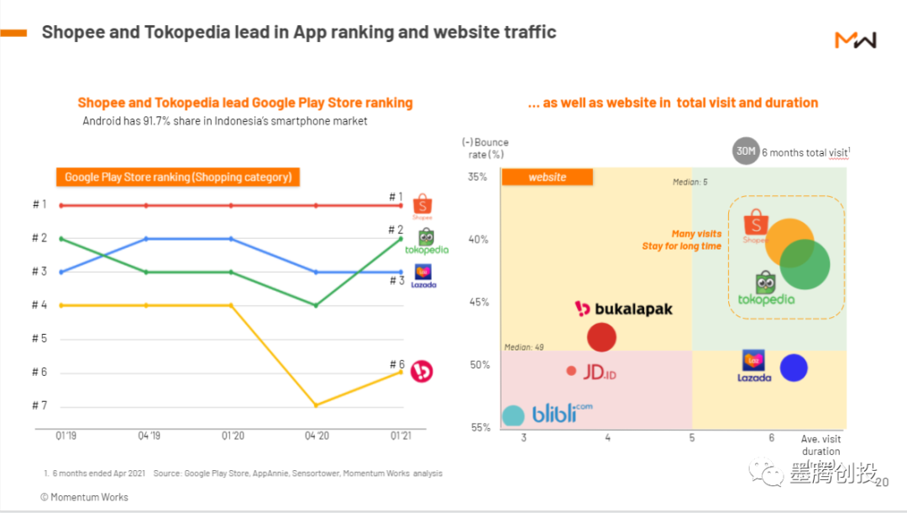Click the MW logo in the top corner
[x=855, y=40]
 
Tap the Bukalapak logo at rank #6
[x=422, y=372]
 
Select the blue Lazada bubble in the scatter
[x=794, y=368]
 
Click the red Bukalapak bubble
[x=601, y=337]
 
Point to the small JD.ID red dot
[x=572, y=371]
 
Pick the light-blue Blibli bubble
[x=512, y=415]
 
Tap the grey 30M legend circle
[x=745, y=151]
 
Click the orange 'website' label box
[x=547, y=177]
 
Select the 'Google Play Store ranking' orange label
[x=178, y=177]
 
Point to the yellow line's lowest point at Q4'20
[x=316, y=405]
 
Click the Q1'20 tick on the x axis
[x=232, y=436]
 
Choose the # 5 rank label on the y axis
[x=39, y=339]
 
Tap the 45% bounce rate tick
[x=478, y=302]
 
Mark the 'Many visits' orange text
[x=696, y=234]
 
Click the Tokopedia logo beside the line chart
[x=427, y=241]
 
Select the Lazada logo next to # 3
[x=423, y=276]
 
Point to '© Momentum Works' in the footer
[x=84, y=497]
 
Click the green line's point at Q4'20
[x=316, y=305]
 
